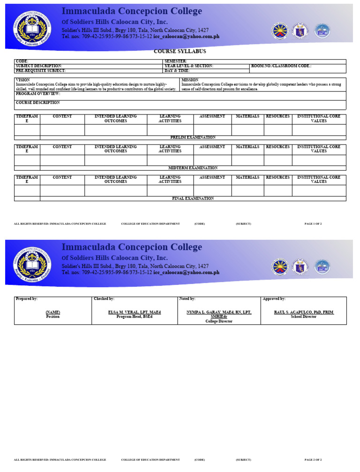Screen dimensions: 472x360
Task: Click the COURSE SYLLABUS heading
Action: point(180,51)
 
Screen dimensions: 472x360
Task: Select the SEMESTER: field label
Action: point(175,61)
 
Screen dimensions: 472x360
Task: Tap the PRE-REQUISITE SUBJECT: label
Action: point(40,70)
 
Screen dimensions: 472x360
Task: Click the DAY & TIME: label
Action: point(177,70)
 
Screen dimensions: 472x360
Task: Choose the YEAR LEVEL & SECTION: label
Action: point(188,66)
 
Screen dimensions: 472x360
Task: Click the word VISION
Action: point(23,80)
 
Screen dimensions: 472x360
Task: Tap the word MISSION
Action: point(190,80)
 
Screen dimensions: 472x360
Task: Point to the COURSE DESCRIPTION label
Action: point(38,102)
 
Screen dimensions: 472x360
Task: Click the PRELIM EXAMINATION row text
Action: point(193,137)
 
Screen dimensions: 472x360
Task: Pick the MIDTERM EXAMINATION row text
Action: point(193,168)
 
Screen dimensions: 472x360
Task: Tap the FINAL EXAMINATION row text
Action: point(193,198)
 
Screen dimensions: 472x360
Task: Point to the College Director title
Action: point(219,321)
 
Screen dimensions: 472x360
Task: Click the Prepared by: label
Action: point(27,299)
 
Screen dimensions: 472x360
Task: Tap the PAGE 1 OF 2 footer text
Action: point(313,224)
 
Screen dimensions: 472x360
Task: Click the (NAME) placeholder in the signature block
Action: point(52,312)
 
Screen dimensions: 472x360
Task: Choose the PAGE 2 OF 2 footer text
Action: point(313,460)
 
